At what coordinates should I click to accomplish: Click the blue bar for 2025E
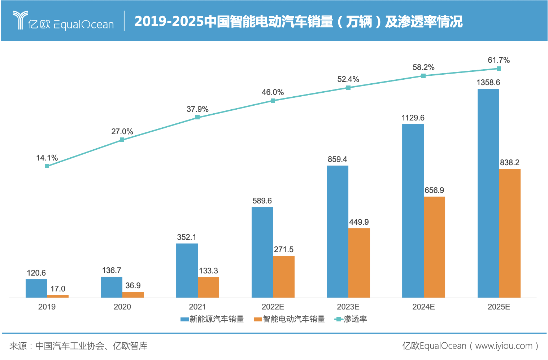[x=488, y=193]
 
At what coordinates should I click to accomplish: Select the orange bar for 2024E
[x=434, y=247]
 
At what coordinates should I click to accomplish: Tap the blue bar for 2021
[x=187, y=271]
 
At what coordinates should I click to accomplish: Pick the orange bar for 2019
[x=58, y=296]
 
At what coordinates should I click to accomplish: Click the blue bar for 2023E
[x=338, y=232]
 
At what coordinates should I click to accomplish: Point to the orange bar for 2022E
[x=284, y=277]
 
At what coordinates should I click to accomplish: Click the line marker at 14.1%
[x=47, y=166]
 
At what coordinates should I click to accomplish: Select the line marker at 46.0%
[x=273, y=101]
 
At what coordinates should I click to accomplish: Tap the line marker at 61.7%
[x=499, y=69]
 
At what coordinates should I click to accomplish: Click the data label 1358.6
[x=488, y=83]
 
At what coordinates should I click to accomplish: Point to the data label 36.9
[x=133, y=286]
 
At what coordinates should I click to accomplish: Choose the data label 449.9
[x=359, y=222]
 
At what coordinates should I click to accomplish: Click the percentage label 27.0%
[x=122, y=132]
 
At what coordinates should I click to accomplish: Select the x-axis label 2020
[x=122, y=307]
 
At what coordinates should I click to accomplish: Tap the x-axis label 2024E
[x=423, y=307]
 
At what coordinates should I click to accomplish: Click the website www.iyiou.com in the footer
[x=504, y=346]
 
